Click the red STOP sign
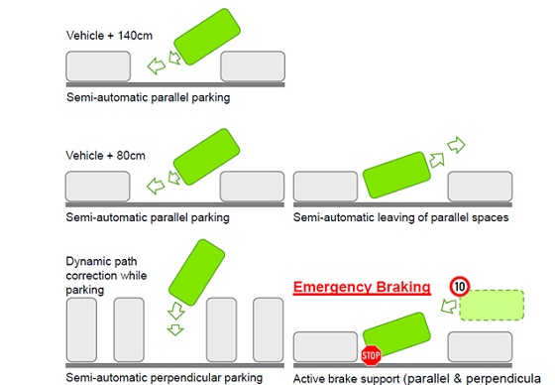[371, 355]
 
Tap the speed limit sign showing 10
[460, 286]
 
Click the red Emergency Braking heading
[362, 287]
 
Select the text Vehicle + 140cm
[109, 36]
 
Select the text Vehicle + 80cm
[105, 155]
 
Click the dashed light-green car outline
[492, 305]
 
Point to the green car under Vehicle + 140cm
[207, 37]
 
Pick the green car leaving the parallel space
[396, 175]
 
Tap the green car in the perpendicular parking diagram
[196, 272]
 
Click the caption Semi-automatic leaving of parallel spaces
[400, 217]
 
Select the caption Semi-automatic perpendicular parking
[165, 377]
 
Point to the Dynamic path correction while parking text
[106, 276]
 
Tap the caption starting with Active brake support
[417, 379]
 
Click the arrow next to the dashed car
[449, 306]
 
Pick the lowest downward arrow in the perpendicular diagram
[175, 329]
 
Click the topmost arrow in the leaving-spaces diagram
[456, 145]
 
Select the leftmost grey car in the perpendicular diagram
[81, 329]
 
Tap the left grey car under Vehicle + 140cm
[98, 66]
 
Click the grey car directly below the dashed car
[480, 346]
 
